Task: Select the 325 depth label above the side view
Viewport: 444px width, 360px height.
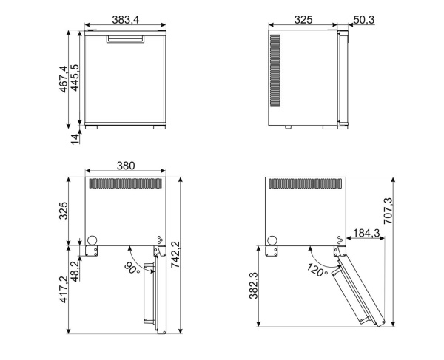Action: point(303,18)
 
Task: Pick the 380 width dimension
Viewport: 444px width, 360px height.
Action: point(125,166)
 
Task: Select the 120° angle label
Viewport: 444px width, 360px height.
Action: point(315,270)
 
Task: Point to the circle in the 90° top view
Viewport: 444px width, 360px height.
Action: point(93,240)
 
